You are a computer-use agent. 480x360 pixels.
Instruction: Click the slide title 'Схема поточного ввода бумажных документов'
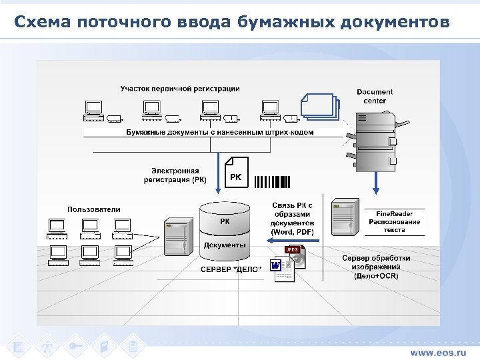[x=231, y=23]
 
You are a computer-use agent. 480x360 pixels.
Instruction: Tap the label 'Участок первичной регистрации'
[x=180, y=88]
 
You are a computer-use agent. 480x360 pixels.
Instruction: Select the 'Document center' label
[x=375, y=96]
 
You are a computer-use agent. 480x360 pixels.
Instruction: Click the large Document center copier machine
[x=375, y=140]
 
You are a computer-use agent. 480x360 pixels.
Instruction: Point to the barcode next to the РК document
[x=273, y=181]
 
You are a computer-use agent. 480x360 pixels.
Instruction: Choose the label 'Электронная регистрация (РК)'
[x=175, y=175]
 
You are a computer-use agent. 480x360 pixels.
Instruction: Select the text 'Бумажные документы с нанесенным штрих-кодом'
[x=220, y=132]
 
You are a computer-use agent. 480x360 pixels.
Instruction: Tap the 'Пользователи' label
[x=94, y=209]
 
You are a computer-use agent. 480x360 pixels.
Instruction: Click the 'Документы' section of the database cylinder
[x=225, y=245]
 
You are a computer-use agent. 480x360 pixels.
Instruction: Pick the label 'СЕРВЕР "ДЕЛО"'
[x=231, y=269]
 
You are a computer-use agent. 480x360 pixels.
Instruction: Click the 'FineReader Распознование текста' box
[x=394, y=221]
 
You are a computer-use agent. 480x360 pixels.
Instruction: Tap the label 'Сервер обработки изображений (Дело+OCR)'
[x=376, y=266]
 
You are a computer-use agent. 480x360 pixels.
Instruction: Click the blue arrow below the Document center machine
[x=375, y=180]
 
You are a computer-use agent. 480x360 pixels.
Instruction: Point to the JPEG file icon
[x=294, y=255]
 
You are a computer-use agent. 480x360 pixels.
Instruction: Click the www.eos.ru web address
[x=438, y=351]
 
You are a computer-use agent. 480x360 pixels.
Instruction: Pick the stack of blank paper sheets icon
[x=320, y=107]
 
